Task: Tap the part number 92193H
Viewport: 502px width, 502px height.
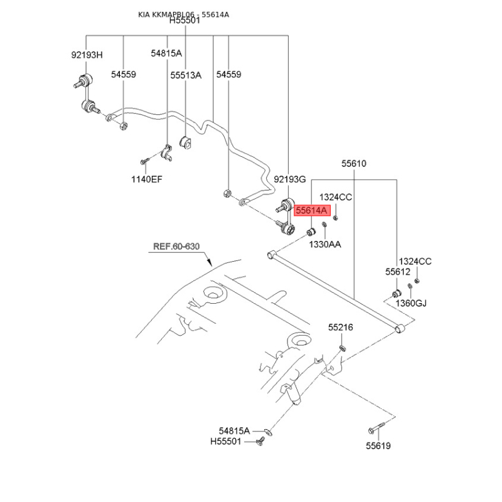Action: [x=86, y=55]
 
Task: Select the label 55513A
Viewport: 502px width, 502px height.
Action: [x=186, y=75]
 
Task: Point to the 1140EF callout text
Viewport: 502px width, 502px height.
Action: [x=146, y=179]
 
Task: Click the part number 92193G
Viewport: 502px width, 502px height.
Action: [x=289, y=179]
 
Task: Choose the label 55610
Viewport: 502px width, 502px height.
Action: [x=354, y=164]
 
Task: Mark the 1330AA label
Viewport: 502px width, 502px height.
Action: [x=324, y=244]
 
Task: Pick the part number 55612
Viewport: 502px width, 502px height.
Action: [x=397, y=272]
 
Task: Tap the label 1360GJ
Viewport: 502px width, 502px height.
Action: [x=410, y=304]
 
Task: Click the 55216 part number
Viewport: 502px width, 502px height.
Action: [x=341, y=328]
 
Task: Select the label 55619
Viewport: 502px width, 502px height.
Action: [x=378, y=446]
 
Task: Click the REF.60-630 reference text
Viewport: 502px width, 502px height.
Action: [x=176, y=247]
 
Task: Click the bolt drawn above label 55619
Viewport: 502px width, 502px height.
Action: [x=374, y=430]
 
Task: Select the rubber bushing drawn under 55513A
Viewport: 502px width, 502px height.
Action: [x=186, y=143]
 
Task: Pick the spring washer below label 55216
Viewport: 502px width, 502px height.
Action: [x=343, y=346]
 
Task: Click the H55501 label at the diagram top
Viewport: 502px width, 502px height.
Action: [x=184, y=21]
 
